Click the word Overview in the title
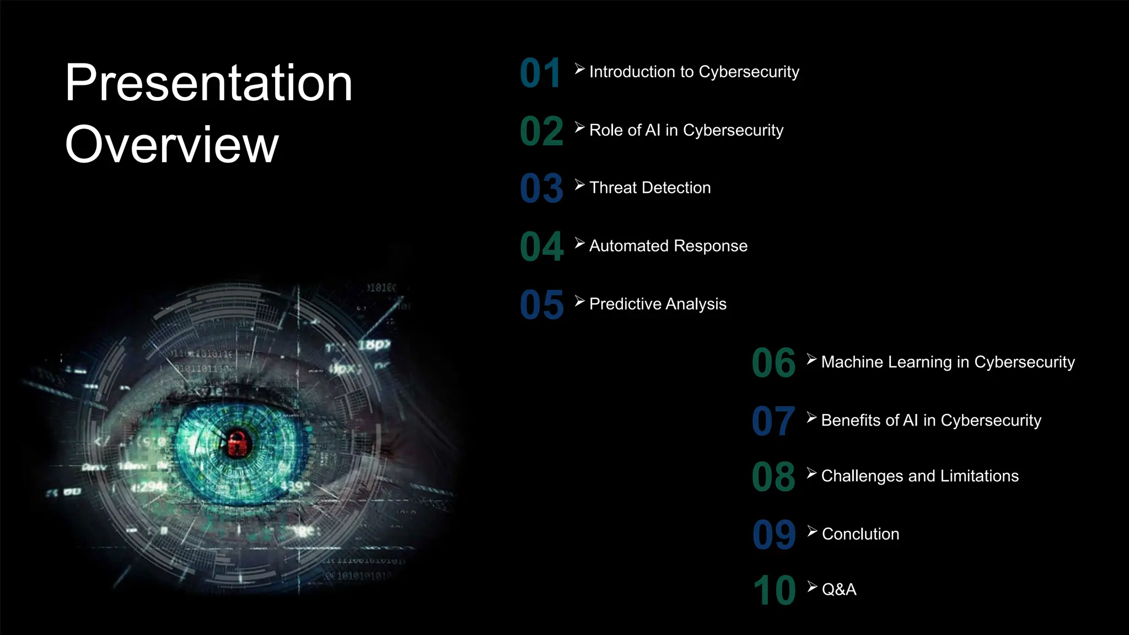(x=172, y=144)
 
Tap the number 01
(x=541, y=73)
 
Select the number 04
(x=542, y=246)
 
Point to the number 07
(x=773, y=422)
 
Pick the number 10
(x=775, y=591)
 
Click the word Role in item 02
(x=606, y=130)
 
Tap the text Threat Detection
(x=650, y=188)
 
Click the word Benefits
(x=852, y=421)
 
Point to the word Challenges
(x=862, y=476)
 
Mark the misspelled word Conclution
(x=860, y=534)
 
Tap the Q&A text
(x=838, y=590)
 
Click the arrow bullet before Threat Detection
(x=579, y=185)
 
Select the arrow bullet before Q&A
(x=812, y=586)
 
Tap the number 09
(x=774, y=535)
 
